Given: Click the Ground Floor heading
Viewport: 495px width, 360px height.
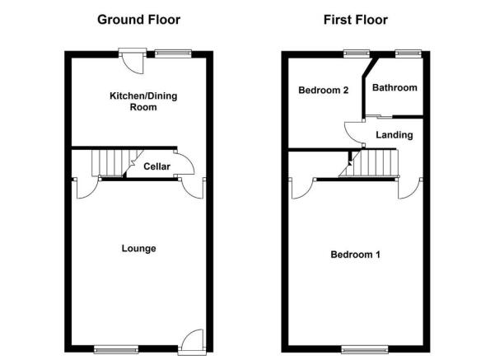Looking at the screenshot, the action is click(139, 20).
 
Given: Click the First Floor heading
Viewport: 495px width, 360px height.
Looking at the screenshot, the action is click(356, 20).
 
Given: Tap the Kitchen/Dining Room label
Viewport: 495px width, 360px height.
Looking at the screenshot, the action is click(143, 101).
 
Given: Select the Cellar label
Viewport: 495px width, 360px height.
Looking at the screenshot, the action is click(156, 166).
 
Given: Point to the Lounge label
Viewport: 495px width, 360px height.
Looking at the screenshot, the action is click(139, 249).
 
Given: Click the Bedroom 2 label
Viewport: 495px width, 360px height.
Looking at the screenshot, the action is click(323, 91).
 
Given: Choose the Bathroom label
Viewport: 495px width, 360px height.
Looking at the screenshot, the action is click(395, 87).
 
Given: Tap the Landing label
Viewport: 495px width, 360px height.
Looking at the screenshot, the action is click(395, 135).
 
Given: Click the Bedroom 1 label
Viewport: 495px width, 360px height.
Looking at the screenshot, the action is click(355, 255).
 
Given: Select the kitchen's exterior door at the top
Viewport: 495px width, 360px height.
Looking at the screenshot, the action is click(133, 61).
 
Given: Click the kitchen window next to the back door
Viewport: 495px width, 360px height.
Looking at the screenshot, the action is click(173, 54).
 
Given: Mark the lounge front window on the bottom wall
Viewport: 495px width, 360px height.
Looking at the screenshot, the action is click(116, 349).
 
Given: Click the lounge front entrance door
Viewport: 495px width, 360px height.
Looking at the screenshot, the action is click(192, 341).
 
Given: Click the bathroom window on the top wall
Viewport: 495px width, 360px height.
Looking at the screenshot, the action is click(409, 54).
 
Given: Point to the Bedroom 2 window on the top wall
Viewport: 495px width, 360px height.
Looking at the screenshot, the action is click(357, 54).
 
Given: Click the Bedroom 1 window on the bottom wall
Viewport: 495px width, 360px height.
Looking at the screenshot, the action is click(365, 349).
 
